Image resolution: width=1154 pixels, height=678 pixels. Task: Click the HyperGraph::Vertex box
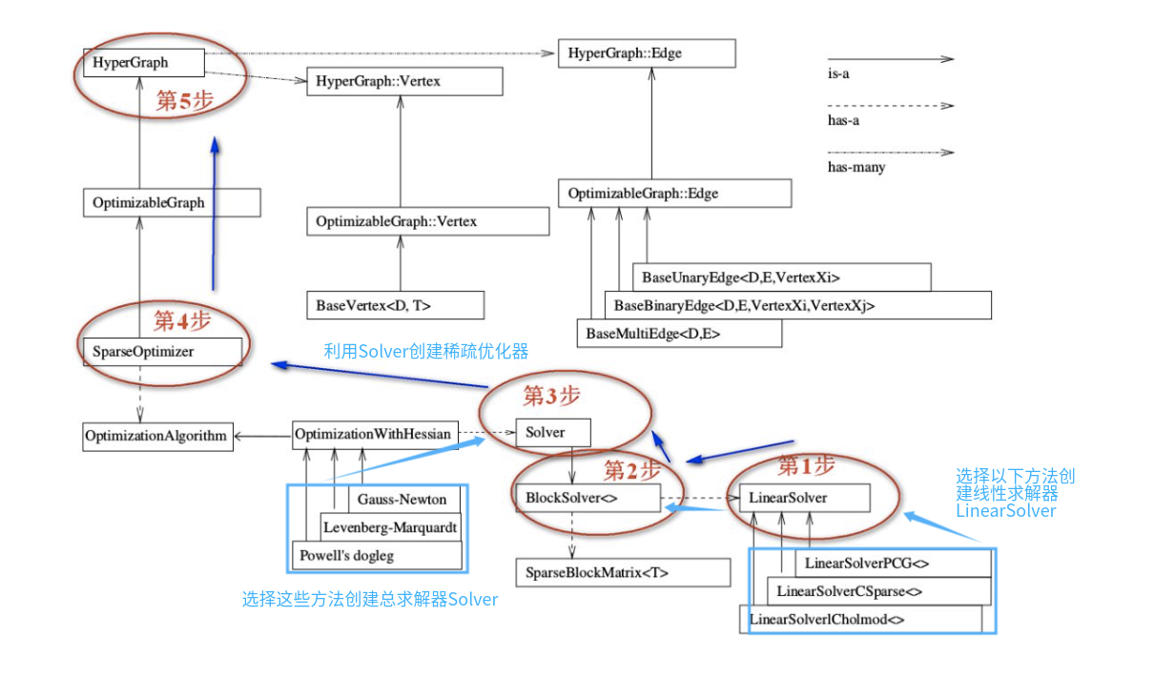tap(404, 82)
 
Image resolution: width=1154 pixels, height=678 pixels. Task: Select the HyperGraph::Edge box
tap(647, 54)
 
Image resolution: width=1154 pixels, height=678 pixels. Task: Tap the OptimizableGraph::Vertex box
tap(427, 221)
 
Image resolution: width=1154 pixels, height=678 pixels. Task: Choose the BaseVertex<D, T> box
tap(395, 306)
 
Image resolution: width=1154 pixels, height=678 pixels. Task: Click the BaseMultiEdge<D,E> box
tap(679, 334)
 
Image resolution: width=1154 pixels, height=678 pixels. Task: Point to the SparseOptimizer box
tap(162, 352)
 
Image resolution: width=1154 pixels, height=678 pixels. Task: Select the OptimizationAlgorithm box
tap(157, 437)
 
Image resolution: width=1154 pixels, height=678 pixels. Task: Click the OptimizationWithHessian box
tap(373, 434)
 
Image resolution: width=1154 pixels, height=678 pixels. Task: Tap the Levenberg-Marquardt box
tap(390, 526)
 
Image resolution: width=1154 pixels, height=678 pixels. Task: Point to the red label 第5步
tap(184, 102)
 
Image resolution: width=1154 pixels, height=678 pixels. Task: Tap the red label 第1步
tap(806, 466)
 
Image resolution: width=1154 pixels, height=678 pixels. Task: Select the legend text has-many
tap(855, 168)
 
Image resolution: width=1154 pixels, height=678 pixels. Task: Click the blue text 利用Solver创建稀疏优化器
tap(426, 351)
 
